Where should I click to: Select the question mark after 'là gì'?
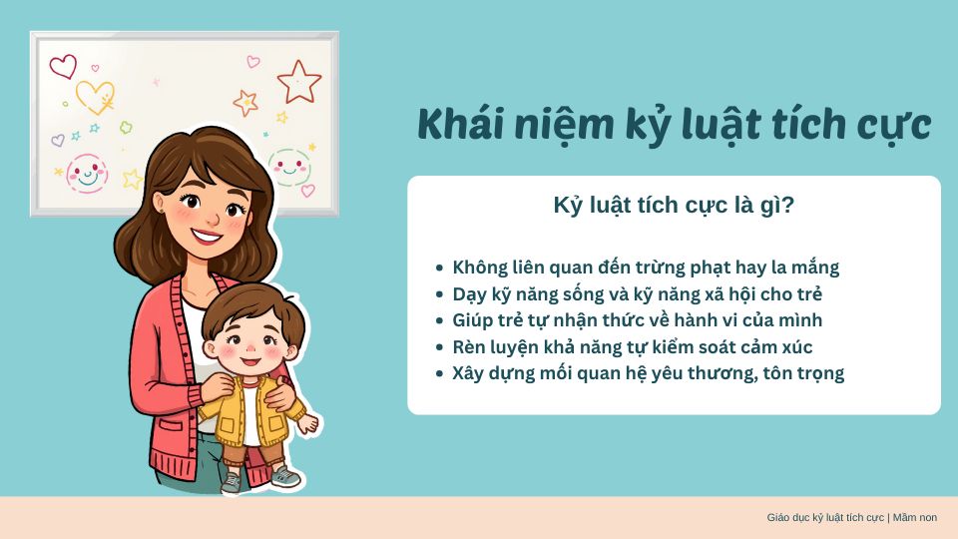tap(787, 205)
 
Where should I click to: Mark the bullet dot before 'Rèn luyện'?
tap(439, 347)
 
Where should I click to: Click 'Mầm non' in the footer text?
tap(915, 518)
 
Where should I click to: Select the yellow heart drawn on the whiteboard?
tap(96, 97)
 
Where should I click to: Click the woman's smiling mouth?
tap(206, 236)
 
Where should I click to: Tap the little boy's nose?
tap(251, 347)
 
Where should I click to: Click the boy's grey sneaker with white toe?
tap(285, 476)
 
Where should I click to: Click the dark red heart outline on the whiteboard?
tap(63, 66)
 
